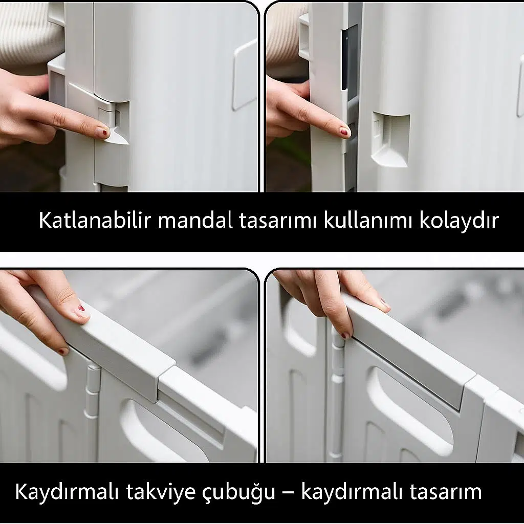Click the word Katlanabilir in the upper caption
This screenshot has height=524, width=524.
click(95, 220)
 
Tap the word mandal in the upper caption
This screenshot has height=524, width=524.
click(195, 220)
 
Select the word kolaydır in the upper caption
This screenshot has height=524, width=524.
click(459, 221)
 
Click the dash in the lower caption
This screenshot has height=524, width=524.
click(289, 493)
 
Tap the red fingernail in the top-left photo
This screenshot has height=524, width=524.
click(104, 133)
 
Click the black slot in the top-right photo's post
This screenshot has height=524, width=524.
click(344, 61)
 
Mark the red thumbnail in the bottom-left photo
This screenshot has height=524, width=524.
click(81, 308)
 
